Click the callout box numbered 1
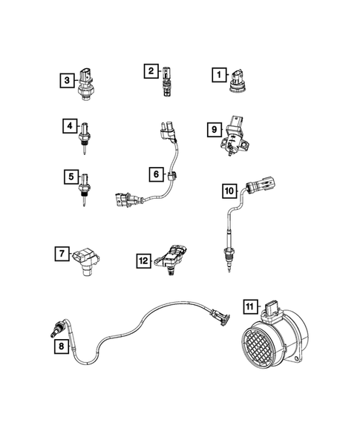(218, 74)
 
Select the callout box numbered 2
(151, 71)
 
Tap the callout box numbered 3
(67, 78)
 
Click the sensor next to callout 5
(86, 182)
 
